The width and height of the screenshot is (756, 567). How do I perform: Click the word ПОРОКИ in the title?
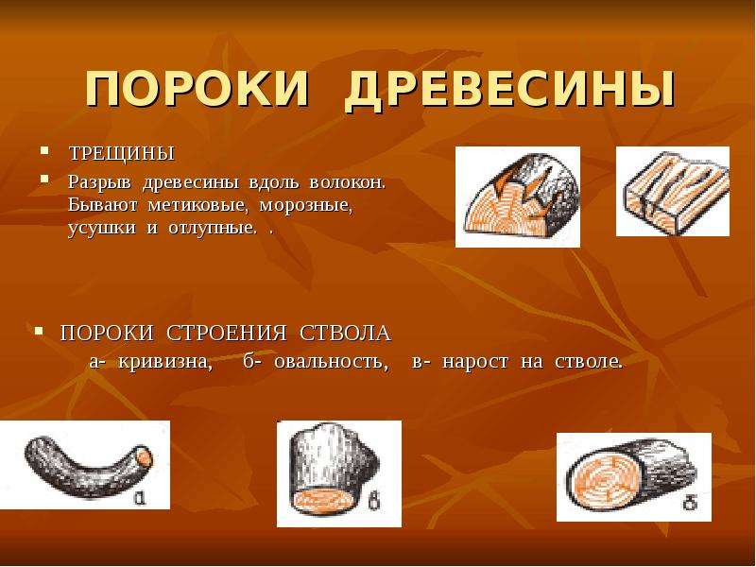198,90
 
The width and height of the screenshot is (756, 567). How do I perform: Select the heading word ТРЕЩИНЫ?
122,153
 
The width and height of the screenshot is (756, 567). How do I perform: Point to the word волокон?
347,183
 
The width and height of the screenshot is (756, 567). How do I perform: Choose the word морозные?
306,206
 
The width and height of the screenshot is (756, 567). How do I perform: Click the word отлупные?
212,228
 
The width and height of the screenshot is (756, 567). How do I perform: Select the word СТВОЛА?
345,334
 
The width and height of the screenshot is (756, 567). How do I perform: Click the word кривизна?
164,361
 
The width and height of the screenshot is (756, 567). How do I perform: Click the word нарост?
475,361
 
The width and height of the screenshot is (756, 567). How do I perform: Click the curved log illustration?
85,465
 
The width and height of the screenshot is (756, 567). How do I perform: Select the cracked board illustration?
673,192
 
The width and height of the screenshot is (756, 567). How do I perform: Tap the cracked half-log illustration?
518,198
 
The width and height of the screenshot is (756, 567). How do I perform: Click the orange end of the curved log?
145,457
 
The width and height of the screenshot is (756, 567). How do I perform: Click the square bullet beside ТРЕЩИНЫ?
44,151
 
